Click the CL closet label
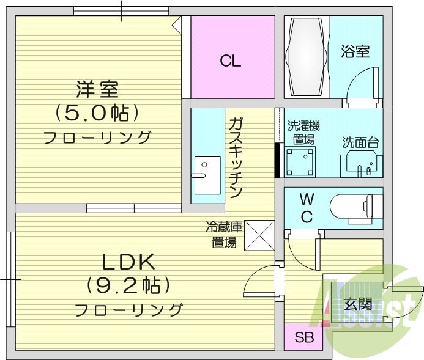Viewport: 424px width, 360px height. [x=231, y=61]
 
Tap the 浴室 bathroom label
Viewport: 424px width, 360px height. [x=355, y=51]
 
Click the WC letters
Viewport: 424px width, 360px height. [x=307, y=207]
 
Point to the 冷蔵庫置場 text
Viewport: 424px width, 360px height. [x=223, y=235]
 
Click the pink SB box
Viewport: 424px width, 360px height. [x=302, y=337]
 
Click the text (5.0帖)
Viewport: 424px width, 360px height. [x=97, y=112]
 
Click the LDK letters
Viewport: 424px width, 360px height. [x=127, y=262]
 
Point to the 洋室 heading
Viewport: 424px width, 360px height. [x=97, y=89]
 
